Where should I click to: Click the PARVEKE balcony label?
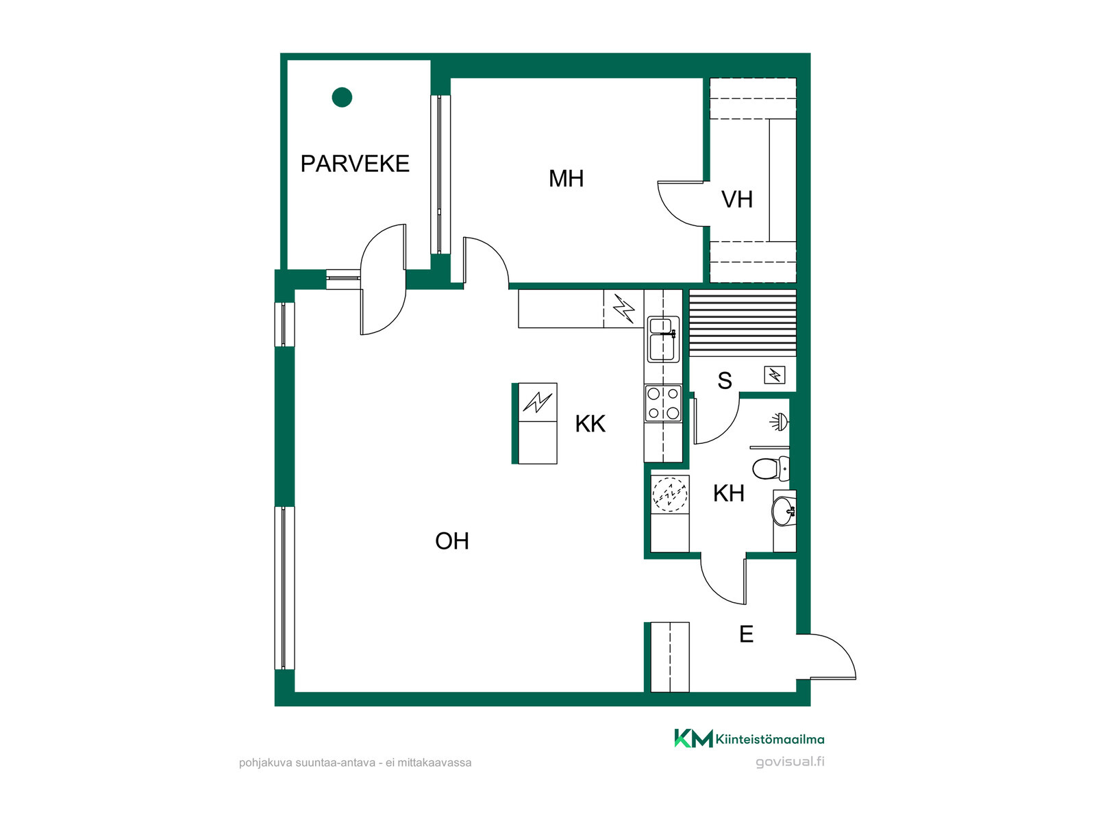tap(355, 164)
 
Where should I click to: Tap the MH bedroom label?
tap(566, 179)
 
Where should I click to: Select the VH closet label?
tap(736, 199)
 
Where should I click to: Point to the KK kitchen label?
tap(590, 424)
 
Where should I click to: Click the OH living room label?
tap(452, 541)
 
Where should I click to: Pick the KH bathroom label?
tap(729, 494)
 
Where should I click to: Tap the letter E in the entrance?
tap(746, 634)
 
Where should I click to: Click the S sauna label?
tap(725, 381)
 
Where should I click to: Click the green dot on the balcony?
tap(342, 97)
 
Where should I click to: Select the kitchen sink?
tap(663, 339)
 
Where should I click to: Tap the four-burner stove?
tap(663, 403)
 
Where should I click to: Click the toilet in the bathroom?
tap(771, 468)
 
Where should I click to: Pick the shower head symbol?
tap(779, 422)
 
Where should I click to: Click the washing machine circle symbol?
tap(670, 495)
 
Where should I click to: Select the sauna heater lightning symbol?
tap(775, 375)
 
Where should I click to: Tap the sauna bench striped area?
tap(743, 323)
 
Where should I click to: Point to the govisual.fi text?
tap(789, 762)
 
